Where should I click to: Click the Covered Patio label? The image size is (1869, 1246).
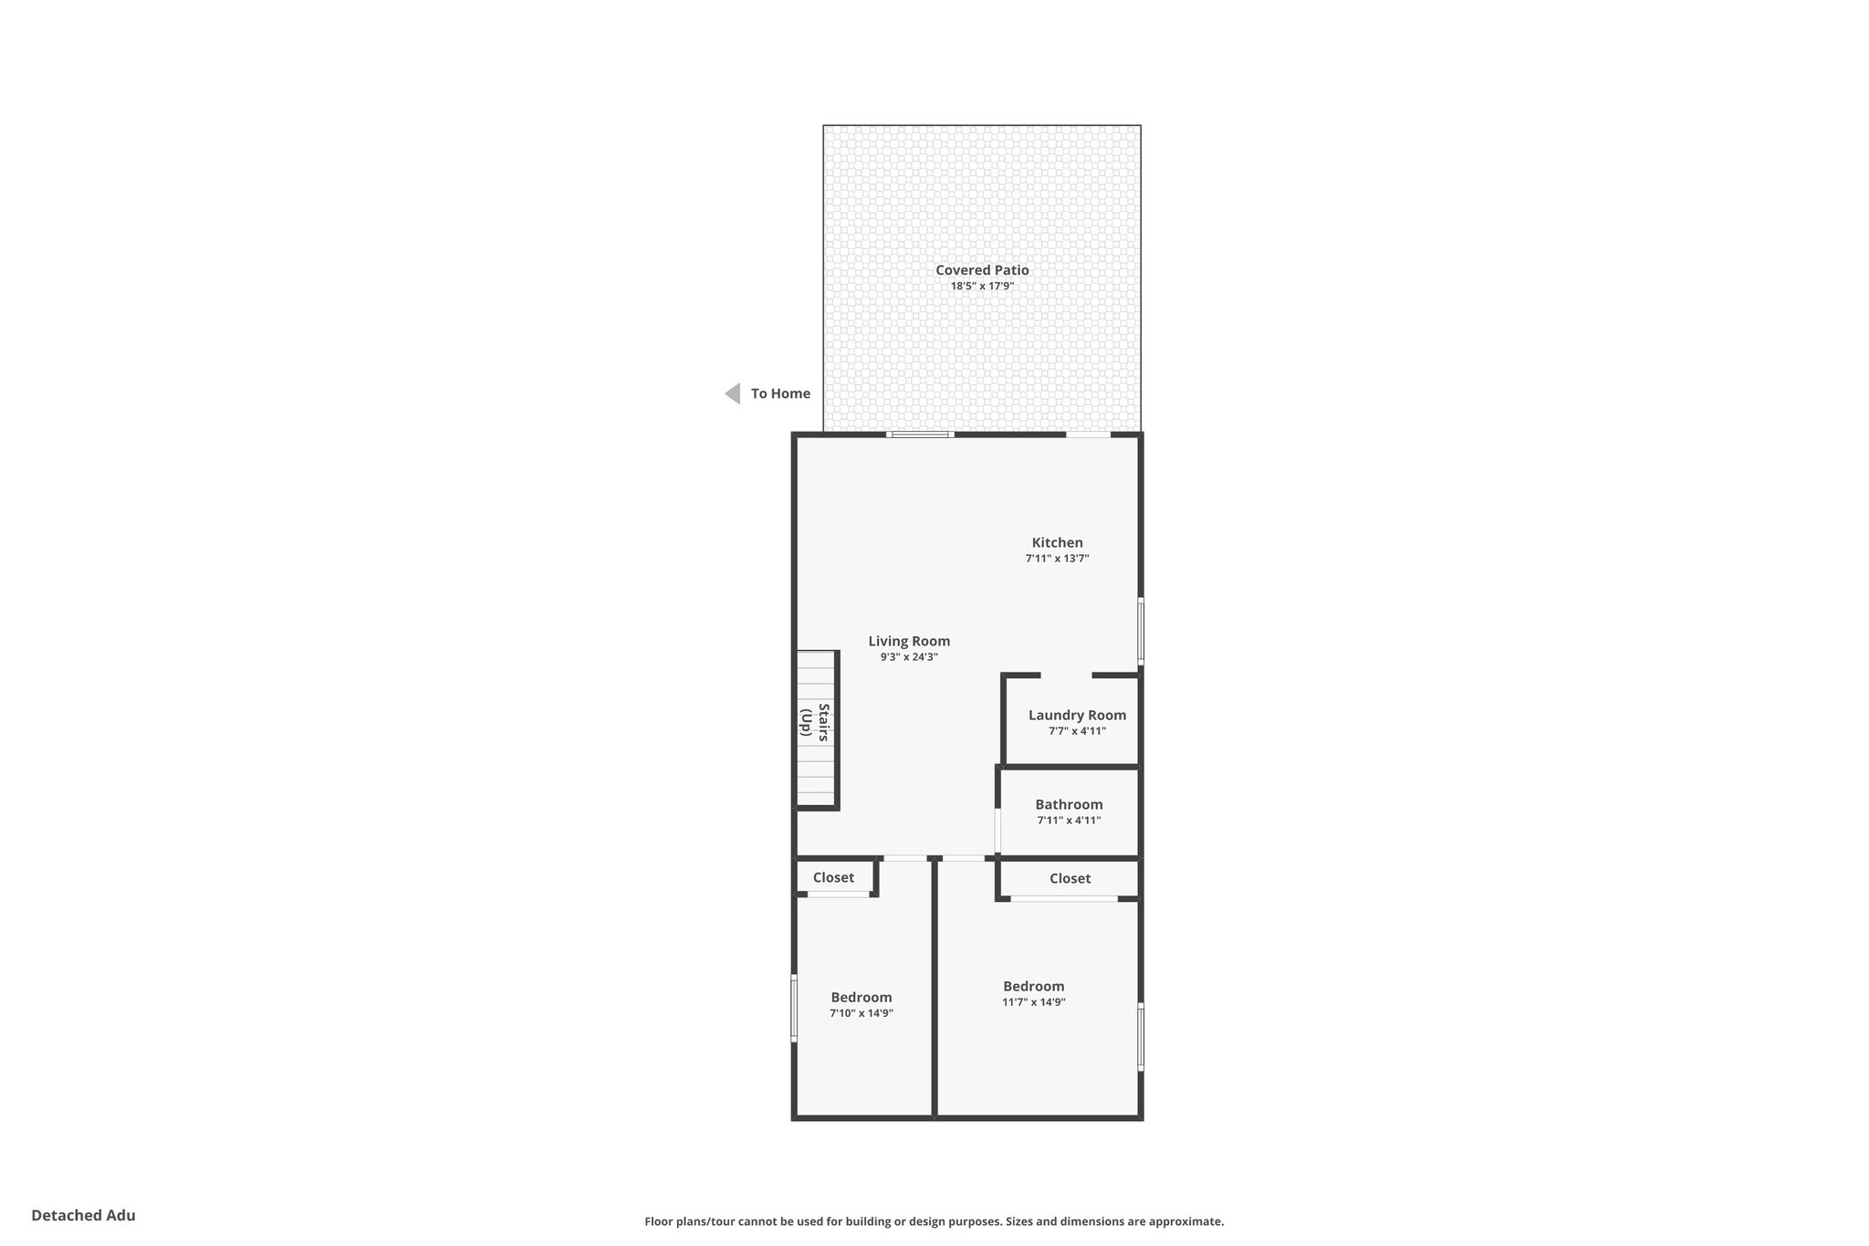tap(982, 270)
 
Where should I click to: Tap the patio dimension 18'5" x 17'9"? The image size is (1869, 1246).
tap(982, 286)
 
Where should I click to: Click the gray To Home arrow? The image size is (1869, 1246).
tap(732, 393)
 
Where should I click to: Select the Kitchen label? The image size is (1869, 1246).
tap(1057, 542)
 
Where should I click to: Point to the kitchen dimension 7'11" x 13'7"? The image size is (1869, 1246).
tap(1057, 558)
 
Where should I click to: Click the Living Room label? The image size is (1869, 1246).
tap(909, 641)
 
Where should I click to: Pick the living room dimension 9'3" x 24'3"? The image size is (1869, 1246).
tap(909, 656)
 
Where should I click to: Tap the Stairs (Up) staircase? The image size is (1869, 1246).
tap(816, 729)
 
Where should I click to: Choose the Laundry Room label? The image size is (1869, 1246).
tap(1077, 715)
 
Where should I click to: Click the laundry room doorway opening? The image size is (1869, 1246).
tap(1066, 675)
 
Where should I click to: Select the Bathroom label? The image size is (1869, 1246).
tap(1069, 804)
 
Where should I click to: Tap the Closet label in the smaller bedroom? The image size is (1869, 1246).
tap(833, 877)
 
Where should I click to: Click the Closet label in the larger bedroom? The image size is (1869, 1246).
tap(1070, 878)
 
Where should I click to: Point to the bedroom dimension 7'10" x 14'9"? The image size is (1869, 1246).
tap(861, 1012)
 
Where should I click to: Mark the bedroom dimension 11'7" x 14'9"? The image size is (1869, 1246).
tap(1033, 1001)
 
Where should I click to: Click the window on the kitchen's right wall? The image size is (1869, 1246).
tap(1141, 630)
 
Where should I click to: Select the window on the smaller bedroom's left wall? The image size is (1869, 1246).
tap(794, 1008)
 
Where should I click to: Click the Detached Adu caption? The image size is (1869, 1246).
tap(83, 1215)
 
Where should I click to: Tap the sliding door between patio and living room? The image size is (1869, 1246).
tap(920, 435)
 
